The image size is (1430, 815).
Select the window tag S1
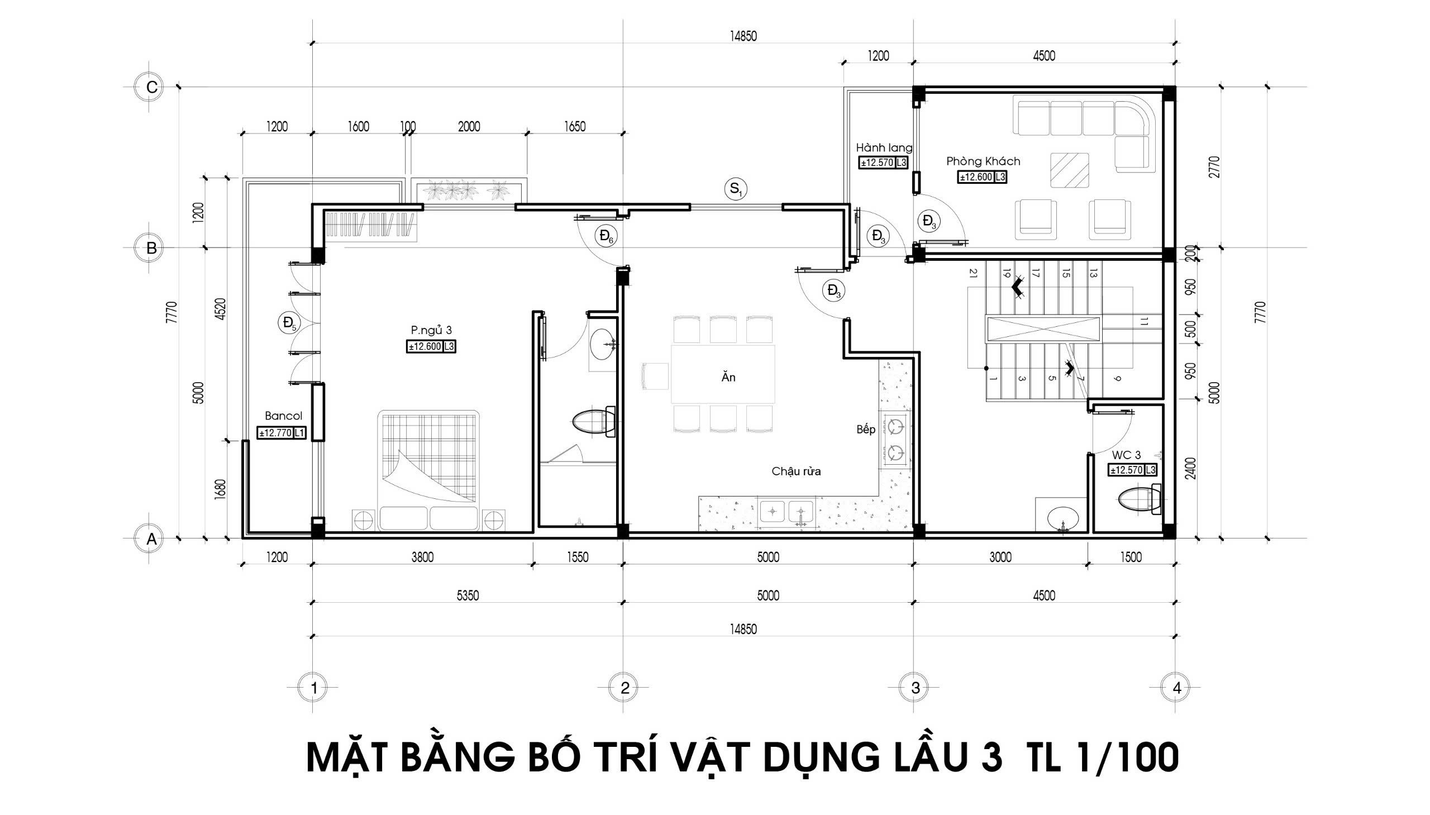(x=736, y=189)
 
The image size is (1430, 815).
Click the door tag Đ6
(x=606, y=236)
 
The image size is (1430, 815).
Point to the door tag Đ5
(x=289, y=323)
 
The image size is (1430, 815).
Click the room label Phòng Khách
(x=983, y=161)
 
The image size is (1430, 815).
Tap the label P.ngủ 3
(x=431, y=330)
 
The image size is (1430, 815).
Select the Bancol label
(x=283, y=416)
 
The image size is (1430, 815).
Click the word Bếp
(x=865, y=430)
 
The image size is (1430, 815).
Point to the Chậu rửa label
(x=796, y=471)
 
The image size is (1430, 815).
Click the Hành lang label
(x=884, y=148)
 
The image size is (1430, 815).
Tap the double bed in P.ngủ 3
(x=428, y=470)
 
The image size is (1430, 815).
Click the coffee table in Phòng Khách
(x=1069, y=170)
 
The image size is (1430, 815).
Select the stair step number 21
(x=973, y=273)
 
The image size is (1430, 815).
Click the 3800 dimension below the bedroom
(x=422, y=557)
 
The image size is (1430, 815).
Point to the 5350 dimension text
(x=468, y=595)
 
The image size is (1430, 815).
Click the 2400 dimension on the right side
(x=1190, y=468)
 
